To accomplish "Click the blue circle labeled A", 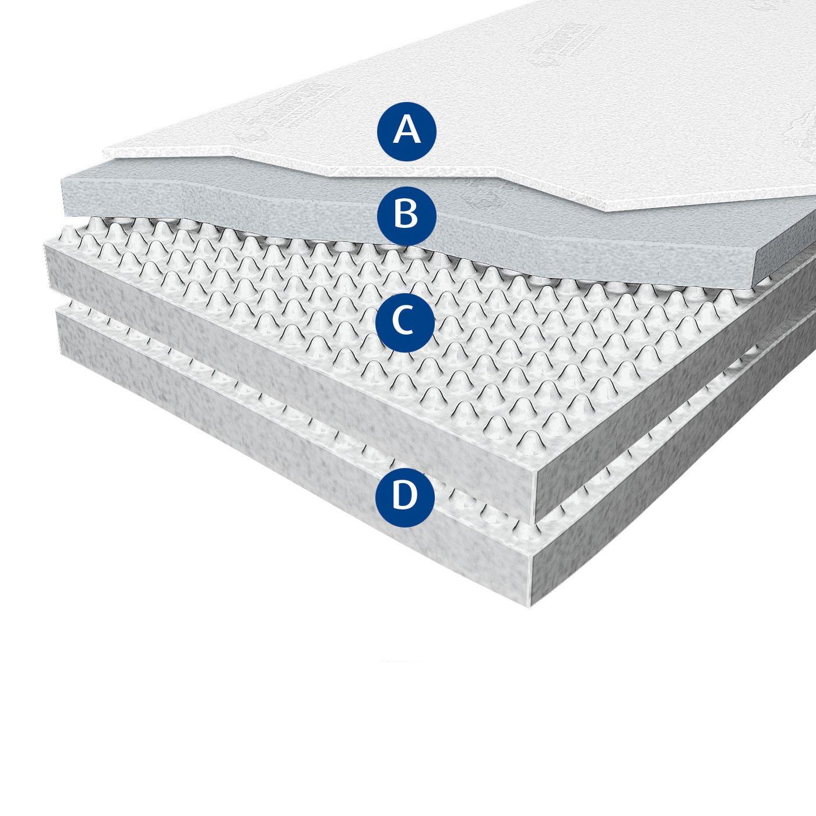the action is pyautogui.click(x=406, y=131).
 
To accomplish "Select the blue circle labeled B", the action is pyautogui.click(x=406, y=216).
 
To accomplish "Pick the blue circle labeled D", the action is pyautogui.click(x=405, y=497).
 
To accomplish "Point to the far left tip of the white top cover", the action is pyautogui.click(x=104, y=149).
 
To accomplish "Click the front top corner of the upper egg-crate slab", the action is pyautogui.click(x=535, y=474).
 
